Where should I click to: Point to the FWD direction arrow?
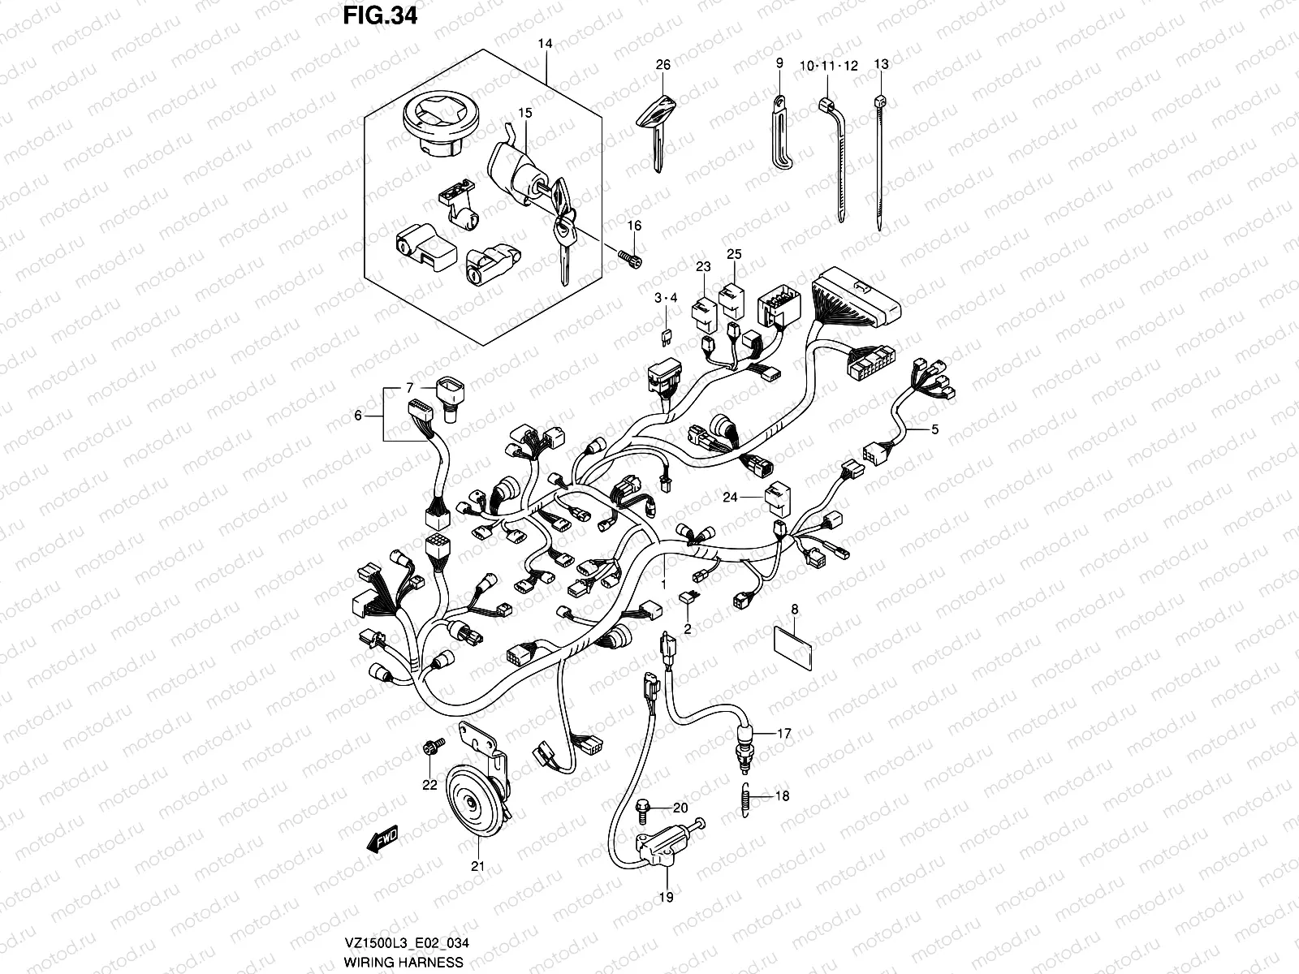click(x=383, y=839)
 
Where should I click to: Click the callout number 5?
click(x=934, y=429)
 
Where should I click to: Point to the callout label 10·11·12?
click(x=827, y=66)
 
